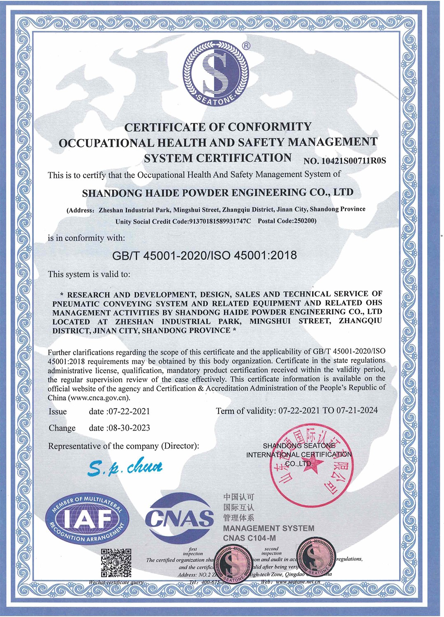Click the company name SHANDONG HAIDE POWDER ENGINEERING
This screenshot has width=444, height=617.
(x=217, y=193)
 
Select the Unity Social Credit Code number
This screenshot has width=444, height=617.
(x=220, y=221)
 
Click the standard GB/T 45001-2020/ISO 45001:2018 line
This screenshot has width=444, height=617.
(x=204, y=255)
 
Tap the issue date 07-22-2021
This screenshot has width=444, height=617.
(x=129, y=411)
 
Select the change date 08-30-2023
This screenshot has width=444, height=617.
(x=129, y=428)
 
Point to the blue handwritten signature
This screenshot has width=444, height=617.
(x=125, y=467)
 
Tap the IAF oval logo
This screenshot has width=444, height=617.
(x=87, y=519)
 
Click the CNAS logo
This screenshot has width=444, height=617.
(x=180, y=518)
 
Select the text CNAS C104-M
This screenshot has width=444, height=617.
(x=250, y=538)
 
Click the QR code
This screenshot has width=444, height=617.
(x=116, y=563)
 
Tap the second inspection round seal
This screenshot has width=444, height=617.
(x=316, y=558)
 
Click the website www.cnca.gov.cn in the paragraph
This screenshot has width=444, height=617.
(x=99, y=398)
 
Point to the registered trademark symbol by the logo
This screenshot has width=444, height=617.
(x=246, y=46)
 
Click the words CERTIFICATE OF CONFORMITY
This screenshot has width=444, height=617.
(x=218, y=127)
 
